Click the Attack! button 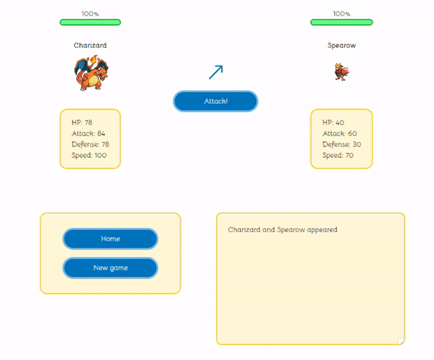click(x=216, y=101)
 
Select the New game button click(x=111, y=268)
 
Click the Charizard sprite click(x=90, y=74)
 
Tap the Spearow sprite click(x=340, y=71)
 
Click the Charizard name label click(x=90, y=45)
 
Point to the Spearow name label click(x=341, y=45)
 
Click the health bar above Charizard click(x=90, y=22)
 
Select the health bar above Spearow click(x=341, y=22)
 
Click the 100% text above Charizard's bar click(x=90, y=14)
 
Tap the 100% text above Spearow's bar click(x=341, y=14)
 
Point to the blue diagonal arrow click(x=216, y=71)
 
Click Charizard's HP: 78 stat click(x=82, y=122)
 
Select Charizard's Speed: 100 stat click(x=89, y=155)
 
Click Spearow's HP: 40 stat click(x=333, y=122)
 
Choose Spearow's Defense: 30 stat click(x=341, y=144)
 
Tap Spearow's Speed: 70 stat click(x=338, y=155)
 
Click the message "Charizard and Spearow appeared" click(x=283, y=230)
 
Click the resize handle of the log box click(x=401, y=341)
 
